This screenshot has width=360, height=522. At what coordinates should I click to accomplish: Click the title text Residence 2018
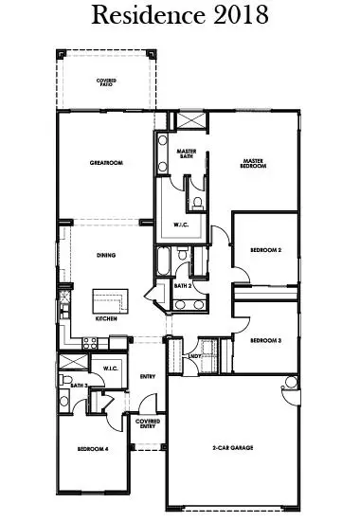(x=180, y=17)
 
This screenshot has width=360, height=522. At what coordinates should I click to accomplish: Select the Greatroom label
(x=107, y=163)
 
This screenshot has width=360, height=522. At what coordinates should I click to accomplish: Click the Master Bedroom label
(x=253, y=163)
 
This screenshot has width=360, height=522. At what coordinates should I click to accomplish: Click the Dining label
(x=107, y=255)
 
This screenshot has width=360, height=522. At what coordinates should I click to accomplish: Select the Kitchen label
(x=106, y=318)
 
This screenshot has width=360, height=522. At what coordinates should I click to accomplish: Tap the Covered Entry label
(x=147, y=423)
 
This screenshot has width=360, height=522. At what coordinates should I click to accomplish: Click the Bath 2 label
(x=184, y=285)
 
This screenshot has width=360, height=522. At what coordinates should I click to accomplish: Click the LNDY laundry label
(x=194, y=356)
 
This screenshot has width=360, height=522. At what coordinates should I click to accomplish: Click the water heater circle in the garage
(x=290, y=383)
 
